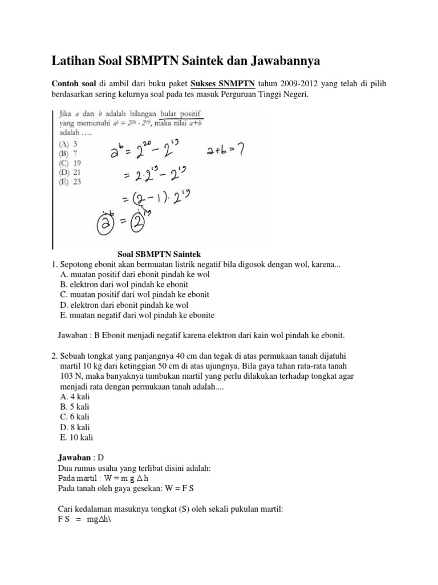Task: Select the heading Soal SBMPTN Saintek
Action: point(159,254)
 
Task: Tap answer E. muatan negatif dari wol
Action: point(137,315)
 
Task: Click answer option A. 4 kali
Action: point(75,396)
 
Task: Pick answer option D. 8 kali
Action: point(75,427)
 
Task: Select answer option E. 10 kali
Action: point(76,438)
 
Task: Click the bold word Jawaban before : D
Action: point(75,458)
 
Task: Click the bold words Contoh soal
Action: point(73,84)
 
